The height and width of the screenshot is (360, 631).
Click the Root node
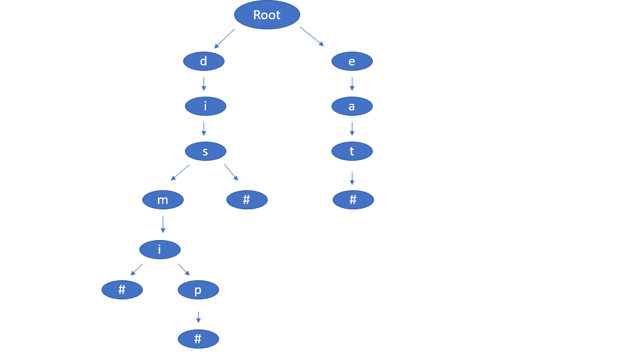tap(267, 15)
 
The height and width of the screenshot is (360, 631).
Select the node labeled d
tap(204, 61)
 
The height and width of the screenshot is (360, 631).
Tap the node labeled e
tap(352, 61)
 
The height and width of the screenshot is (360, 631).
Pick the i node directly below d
tap(205, 106)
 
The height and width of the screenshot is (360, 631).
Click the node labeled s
tap(205, 151)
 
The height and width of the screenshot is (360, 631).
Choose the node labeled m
tap(163, 200)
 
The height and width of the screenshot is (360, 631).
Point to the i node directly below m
tap(160, 249)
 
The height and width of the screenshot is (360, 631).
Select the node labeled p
tap(198, 290)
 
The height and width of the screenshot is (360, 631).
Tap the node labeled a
tap(352, 106)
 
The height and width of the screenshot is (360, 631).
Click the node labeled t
tap(352, 151)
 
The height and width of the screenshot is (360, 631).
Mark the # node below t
tap(353, 200)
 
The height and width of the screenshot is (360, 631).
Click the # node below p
tap(198, 339)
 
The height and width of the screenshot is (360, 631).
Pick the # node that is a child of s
tap(247, 200)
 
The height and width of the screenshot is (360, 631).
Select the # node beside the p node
tap(122, 290)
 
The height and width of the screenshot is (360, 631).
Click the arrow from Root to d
tap(224, 38)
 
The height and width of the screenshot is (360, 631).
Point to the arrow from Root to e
tap(312, 37)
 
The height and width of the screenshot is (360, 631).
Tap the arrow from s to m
tap(180, 172)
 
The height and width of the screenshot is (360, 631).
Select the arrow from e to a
tap(352, 83)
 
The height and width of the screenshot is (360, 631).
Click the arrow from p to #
tap(198, 317)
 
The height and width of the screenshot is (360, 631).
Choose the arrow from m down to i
tap(163, 223)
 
